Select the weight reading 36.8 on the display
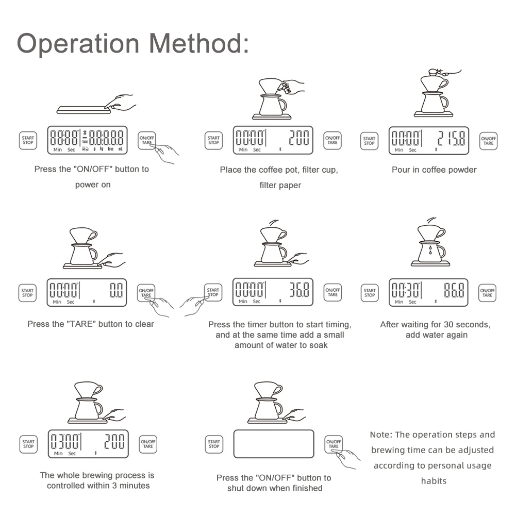coord(299,290)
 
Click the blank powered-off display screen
coord(274,444)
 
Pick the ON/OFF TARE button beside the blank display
coord(334,444)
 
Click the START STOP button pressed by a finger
coord(213,292)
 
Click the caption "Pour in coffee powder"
coord(434,170)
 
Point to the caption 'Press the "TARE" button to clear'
coord(91,324)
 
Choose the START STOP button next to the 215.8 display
coord(369,140)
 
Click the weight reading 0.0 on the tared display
coord(116,290)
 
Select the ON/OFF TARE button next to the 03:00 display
coord(148,444)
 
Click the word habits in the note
coord(434,481)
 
